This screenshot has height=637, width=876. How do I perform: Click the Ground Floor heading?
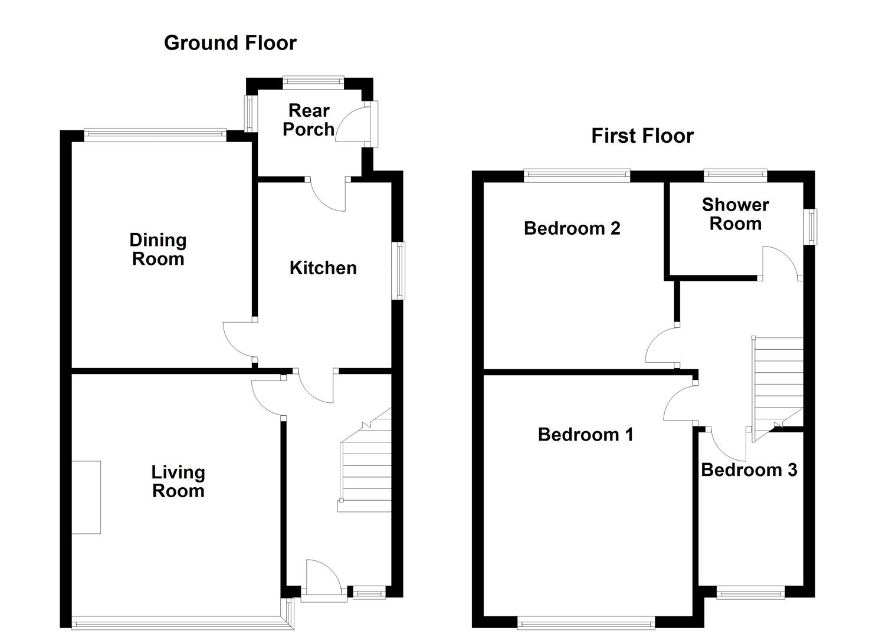230,43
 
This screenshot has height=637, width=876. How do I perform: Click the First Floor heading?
642,136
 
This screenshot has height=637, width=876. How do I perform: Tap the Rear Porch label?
309,120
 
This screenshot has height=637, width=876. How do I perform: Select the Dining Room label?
158,249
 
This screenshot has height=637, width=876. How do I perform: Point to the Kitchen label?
323,268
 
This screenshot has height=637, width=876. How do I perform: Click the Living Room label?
178,481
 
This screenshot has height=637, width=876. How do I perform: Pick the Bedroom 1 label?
585,435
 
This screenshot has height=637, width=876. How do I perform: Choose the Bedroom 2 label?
572,228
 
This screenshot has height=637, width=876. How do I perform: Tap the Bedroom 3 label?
749,470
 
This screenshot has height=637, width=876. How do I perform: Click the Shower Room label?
735,214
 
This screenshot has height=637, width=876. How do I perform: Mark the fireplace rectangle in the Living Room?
86,497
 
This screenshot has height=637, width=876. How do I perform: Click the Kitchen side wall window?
400,270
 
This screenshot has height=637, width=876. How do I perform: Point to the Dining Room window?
155,135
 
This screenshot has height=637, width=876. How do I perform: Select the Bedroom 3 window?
750,592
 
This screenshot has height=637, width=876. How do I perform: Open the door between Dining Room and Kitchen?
239,339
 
